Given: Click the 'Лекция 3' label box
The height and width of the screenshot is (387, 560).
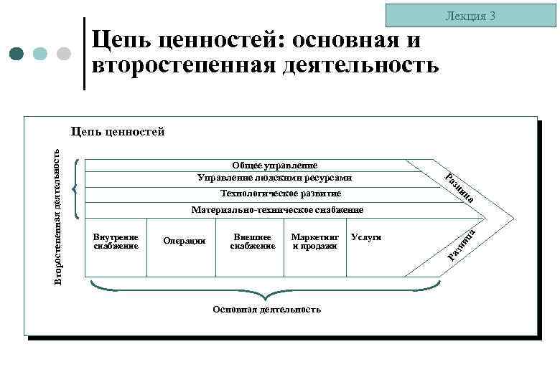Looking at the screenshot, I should pos(470,15).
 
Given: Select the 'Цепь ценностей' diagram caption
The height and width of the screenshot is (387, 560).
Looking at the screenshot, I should pos(118,131).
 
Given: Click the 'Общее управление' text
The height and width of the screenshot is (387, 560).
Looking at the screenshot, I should pos(274,166).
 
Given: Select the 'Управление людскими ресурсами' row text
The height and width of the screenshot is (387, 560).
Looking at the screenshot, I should pos(274,176).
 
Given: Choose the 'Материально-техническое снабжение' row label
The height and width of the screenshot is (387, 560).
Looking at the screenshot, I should pos(277,210).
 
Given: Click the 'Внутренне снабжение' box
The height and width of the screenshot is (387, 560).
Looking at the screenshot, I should pos(116,242).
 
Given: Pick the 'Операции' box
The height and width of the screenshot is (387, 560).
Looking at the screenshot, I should pos(185,241).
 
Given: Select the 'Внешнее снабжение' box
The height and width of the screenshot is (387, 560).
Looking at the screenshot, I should pos(252,242).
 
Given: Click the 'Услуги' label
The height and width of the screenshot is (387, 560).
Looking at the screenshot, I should pos(366,236).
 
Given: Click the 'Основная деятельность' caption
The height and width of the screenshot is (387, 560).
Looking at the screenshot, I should pos(266,309).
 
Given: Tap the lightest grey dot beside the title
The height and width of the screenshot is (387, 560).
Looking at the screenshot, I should pos(64,54).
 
